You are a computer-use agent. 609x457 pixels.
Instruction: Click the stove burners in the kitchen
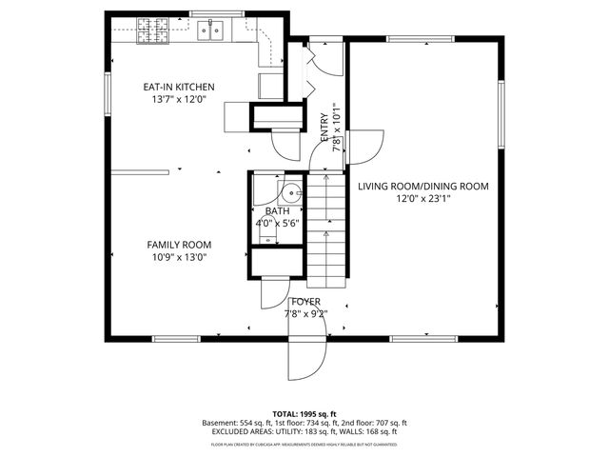pyautogui.click(x=152, y=30)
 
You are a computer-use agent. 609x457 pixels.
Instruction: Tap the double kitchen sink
pyautogui.click(x=210, y=30)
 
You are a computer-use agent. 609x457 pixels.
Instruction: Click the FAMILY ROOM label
pyautogui.click(x=179, y=244)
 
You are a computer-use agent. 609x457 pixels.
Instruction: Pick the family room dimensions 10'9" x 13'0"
pyautogui.click(x=179, y=256)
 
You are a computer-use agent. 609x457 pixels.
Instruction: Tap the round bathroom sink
pyautogui.click(x=294, y=192)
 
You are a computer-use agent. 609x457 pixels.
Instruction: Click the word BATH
pyautogui.click(x=277, y=211)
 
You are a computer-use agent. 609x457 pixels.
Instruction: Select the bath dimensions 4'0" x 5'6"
pyautogui.click(x=277, y=223)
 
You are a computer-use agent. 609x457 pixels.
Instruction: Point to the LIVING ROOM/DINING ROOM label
pyautogui.click(x=423, y=187)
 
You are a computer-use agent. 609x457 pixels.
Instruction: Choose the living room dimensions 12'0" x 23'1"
pyautogui.click(x=423, y=199)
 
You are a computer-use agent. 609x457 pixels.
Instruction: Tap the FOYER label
pyautogui.click(x=305, y=301)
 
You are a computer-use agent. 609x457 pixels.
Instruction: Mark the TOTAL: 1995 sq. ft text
pyautogui.click(x=304, y=413)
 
